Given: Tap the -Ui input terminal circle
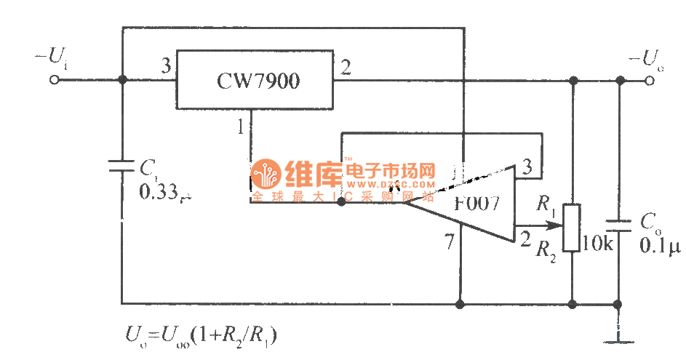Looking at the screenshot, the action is point(52,80).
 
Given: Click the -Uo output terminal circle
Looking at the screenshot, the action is point(650,80).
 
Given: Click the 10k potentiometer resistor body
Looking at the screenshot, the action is point(573,227).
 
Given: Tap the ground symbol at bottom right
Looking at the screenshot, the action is point(618,339).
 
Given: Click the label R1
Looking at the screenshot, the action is point(546,203).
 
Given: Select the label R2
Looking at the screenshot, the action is point(546,251).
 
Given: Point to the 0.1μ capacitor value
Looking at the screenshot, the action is point(659,247).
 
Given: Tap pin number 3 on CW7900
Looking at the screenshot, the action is point(166,68).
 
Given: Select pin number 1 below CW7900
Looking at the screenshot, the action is point(240,127).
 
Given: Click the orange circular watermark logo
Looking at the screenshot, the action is point(266,175).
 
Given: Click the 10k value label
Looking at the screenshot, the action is point(599,244).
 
